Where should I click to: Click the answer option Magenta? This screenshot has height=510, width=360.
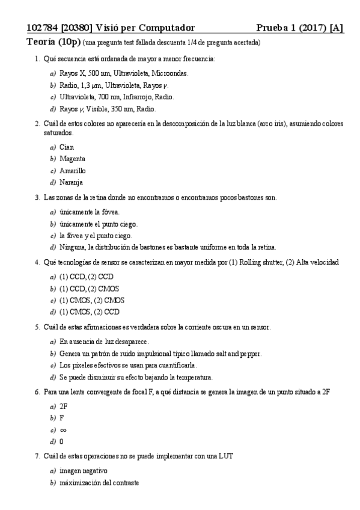pyautogui.click(x=72, y=159)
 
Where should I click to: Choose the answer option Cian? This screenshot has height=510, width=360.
pyautogui.click(x=67, y=147)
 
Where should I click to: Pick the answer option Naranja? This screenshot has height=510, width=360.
pyautogui.click(x=72, y=182)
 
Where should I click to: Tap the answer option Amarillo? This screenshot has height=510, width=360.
pyautogui.click(x=73, y=171)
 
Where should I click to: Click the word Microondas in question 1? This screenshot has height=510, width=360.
pyautogui.click(x=171, y=73)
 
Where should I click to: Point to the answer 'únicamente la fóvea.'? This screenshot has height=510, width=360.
pyautogui.click(x=90, y=212)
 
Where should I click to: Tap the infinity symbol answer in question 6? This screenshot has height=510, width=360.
pyautogui.click(x=63, y=430)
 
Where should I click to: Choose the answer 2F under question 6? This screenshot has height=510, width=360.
pyautogui.click(x=64, y=407)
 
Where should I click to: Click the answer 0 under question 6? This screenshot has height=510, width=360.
pyautogui.click(x=62, y=441)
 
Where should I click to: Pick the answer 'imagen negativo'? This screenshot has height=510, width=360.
pyautogui.click(x=84, y=470)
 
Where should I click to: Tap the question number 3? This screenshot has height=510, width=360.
pyautogui.click(x=38, y=197)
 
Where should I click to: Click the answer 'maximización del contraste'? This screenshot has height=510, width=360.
pyautogui.click(x=99, y=482)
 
